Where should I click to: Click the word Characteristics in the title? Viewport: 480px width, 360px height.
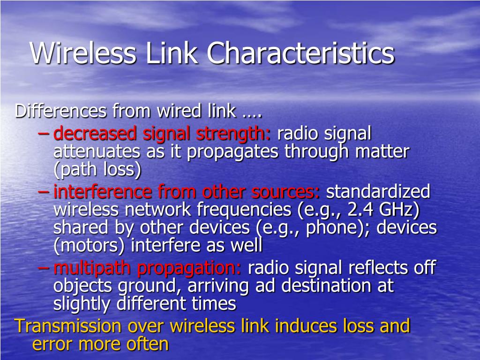point(301,53)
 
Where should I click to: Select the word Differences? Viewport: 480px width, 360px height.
point(61,112)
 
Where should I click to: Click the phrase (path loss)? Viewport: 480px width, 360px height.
point(97,170)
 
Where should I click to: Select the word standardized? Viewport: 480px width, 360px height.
point(378,192)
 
